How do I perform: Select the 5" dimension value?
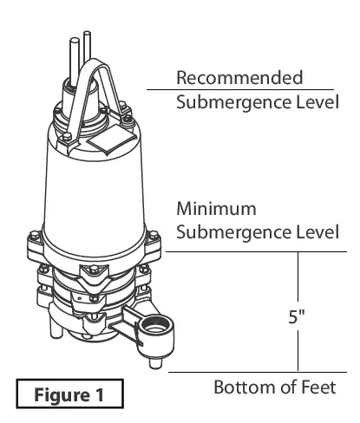coord(298,317)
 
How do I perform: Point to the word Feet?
coord(315,386)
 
